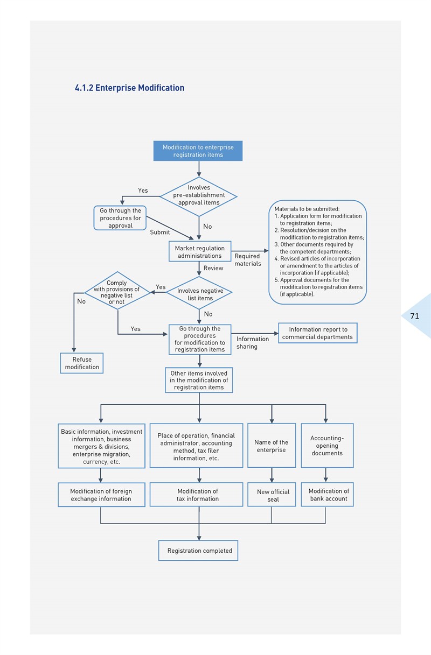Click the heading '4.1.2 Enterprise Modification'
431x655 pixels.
tap(129, 88)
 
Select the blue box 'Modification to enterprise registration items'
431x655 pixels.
tap(198, 151)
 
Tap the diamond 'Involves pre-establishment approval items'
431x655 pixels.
tap(199, 196)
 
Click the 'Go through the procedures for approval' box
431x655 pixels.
tap(120, 218)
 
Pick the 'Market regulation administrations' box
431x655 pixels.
tap(200, 251)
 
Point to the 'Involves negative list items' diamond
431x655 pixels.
tap(199, 293)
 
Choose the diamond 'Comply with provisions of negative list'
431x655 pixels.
tap(117, 291)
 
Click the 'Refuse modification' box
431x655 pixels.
tap(82, 363)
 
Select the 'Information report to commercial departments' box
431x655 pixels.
tap(318, 333)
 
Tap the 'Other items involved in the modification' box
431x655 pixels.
tap(199, 380)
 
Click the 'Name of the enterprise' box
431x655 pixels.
tap(272, 445)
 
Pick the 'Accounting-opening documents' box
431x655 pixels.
tap(328, 445)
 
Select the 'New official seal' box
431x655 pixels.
tap(272, 495)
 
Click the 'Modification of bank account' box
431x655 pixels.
tap(328, 495)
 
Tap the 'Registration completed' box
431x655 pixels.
tap(198, 551)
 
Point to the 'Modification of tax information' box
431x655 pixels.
tap(197, 495)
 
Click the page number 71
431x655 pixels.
tap(415, 316)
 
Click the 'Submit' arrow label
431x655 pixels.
tap(160, 232)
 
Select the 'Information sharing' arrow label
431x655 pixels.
tap(252, 343)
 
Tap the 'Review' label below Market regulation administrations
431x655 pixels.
tap(213, 268)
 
